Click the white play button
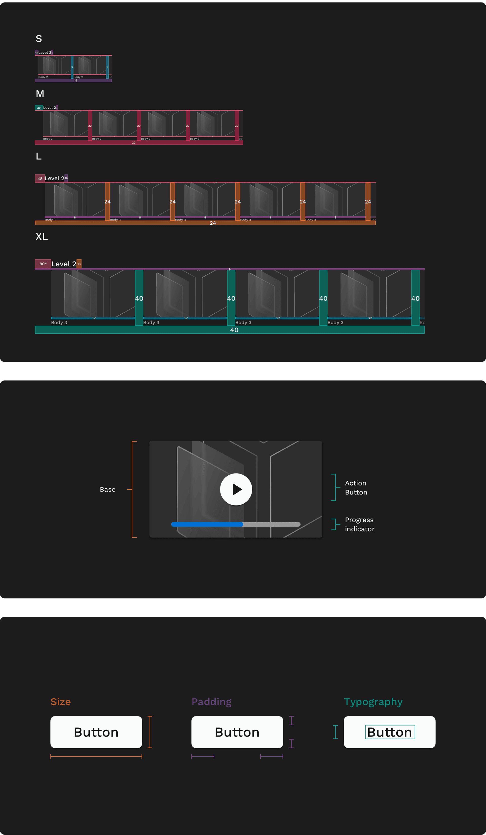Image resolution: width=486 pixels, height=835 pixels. pyautogui.click(x=236, y=489)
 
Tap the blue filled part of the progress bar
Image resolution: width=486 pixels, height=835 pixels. pyautogui.click(x=207, y=524)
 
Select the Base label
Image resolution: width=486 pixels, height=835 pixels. pyautogui.click(x=108, y=489)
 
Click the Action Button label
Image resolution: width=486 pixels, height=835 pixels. pyautogui.click(x=356, y=487)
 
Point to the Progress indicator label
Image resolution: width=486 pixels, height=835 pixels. pyautogui.click(x=359, y=524)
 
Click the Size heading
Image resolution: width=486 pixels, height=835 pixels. pyautogui.click(x=61, y=702)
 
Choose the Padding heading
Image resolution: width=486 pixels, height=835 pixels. pyautogui.click(x=211, y=702)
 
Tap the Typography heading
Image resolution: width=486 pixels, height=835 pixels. pyautogui.click(x=373, y=702)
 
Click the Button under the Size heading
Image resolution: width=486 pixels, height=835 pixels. pyautogui.click(x=96, y=732)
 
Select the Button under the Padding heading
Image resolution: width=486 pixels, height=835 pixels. pyautogui.click(x=237, y=732)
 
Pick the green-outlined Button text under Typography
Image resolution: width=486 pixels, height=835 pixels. pyautogui.click(x=390, y=732)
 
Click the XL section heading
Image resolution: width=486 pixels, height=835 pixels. pyautogui.click(x=42, y=236)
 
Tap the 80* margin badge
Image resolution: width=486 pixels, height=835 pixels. pyautogui.click(x=43, y=264)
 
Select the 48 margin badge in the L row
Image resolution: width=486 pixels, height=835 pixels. pyautogui.click(x=40, y=178)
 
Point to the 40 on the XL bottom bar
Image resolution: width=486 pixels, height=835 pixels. pyautogui.click(x=234, y=330)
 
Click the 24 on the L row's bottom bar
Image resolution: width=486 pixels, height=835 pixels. pyautogui.click(x=213, y=223)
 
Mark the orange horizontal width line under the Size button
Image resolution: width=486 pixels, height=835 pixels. pyautogui.click(x=96, y=756)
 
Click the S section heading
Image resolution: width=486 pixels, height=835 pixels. pyautogui.click(x=39, y=39)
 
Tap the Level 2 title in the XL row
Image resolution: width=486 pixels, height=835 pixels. pyautogui.click(x=64, y=264)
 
